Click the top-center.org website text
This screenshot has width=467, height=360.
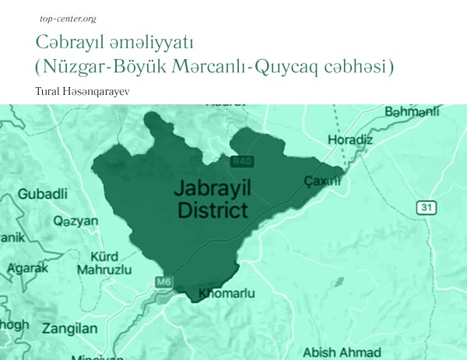point(61,17)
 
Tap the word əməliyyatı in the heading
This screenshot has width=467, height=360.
point(148,41)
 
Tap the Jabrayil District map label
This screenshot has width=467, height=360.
point(212,199)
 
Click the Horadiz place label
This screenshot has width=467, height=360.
point(373,141)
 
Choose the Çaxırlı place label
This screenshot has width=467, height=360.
point(322,181)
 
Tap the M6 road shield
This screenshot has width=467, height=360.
point(163,281)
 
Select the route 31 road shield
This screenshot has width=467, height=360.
point(424,207)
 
